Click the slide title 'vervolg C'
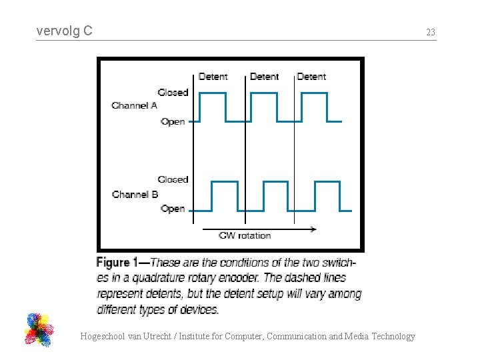tap(65, 31)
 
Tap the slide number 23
tap(431, 32)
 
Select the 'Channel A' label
tap(134, 105)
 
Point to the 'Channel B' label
tap(135, 194)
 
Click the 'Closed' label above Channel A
tap(173, 92)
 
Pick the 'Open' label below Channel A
tap(173, 121)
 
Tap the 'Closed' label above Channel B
tap(173, 179)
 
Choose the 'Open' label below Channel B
tap(173, 209)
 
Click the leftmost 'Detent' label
tap(213, 77)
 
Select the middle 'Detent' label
tap(264, 77)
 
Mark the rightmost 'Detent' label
tap(311, 77)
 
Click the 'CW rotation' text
tap(245, 235)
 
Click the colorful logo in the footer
tap(39, 329)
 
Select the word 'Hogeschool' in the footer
tap(101, 337)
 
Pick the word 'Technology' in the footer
tap(393, 337)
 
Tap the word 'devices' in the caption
tap(198, 309)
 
